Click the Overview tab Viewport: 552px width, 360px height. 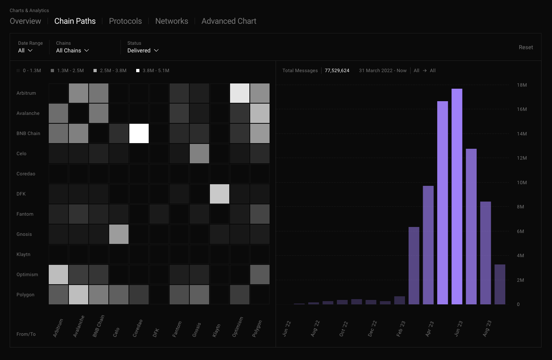point(25,21)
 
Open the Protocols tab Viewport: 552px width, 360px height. point(125,21)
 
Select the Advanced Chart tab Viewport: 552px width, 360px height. point(229,21)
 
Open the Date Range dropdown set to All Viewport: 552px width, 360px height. point(25,50)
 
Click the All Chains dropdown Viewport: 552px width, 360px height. point(72,50)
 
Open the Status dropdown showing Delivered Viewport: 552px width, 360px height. point(143,50)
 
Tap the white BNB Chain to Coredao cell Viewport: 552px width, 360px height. point(139,133)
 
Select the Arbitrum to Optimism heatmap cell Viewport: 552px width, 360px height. point(240,93)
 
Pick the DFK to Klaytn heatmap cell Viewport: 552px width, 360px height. point(220,194)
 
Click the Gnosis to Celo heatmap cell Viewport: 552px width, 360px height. point(119,234)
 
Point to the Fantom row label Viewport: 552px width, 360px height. point(25,214)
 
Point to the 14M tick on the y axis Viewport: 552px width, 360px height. point(522,134)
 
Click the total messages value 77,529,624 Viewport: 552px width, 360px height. point(337,71)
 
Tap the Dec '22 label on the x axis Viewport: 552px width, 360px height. point(371,329)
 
